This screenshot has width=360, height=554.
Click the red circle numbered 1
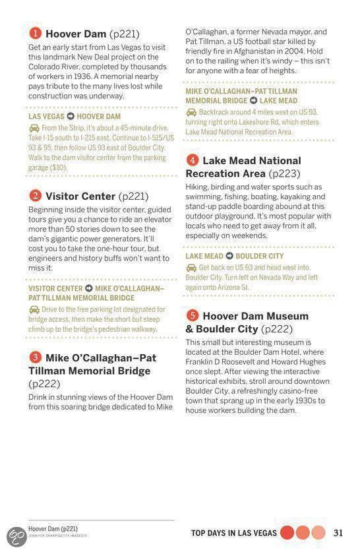[35, 33]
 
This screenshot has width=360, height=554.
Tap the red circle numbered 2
[35, 196]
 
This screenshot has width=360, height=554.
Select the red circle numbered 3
[35, 357]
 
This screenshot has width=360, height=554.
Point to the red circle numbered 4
[192, 160]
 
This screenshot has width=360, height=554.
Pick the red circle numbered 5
[192, 315]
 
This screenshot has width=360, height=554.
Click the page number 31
[339, 533]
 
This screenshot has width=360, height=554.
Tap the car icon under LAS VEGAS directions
[34, 128]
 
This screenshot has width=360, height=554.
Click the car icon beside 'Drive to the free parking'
[34, 309]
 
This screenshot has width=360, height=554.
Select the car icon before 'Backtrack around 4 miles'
[191, 112]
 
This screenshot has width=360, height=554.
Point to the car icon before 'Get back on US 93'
[191, 268]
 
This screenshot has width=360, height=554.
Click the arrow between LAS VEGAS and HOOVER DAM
[72, 117]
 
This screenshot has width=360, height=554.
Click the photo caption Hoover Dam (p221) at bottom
[53, 529]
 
